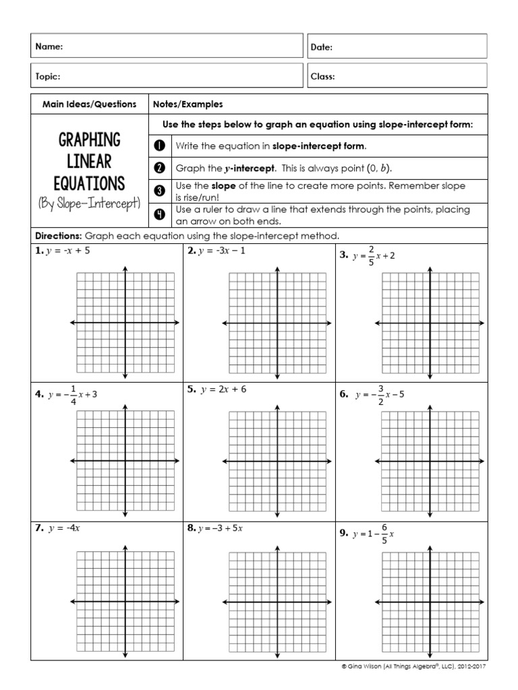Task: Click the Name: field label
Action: [x=49, y=47]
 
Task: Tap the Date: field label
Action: [x=322, y=47]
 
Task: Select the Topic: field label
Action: [x=48, y=77]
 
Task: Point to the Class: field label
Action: [x=322, y=77]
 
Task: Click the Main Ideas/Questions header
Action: [x=89, y=104]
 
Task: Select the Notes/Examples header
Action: [x=188, y=104]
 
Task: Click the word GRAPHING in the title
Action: [x=89, y=141]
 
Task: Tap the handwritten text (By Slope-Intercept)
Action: [x=89, y=203]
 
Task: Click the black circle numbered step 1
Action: [x=160, y=146]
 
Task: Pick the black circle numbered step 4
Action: [x=160, y=215]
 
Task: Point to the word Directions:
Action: [x=57, y=236]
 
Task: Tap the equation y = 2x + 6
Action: [x=223, y=389]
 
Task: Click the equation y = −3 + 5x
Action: [x=219, y=528]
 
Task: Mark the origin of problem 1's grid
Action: [x=125, y=323]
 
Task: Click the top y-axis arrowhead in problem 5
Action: [x=277, y=406]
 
